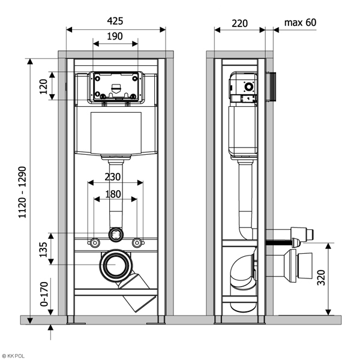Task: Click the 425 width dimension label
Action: [115, 20]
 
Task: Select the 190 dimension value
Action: [115, 36]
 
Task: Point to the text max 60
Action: [300, 23]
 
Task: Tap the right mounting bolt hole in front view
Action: [137, 243]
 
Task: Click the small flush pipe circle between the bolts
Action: [115, 234]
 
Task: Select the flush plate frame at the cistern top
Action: [115, 86]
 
